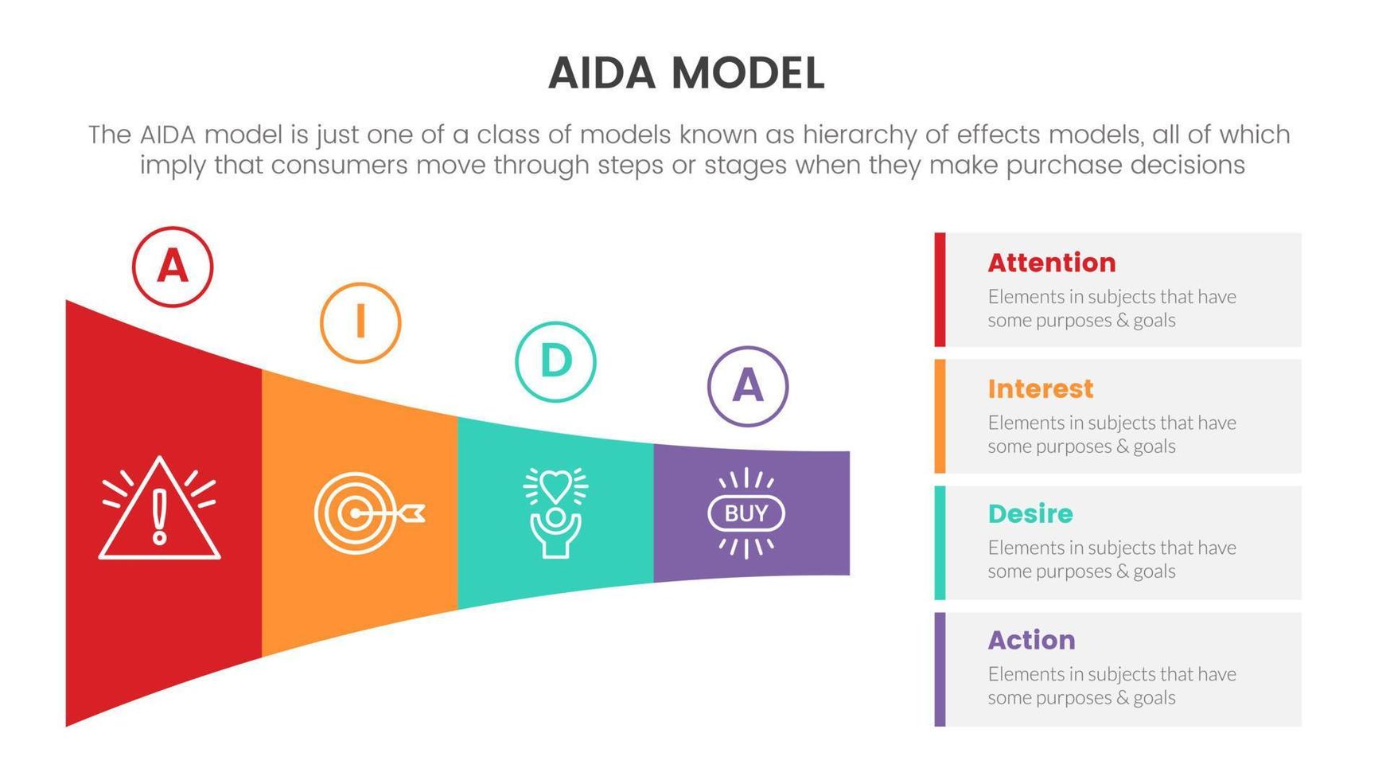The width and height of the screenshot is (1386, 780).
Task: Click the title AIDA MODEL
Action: [x=686, y=73]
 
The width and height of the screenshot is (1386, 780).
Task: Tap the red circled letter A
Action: [x=173, y=267]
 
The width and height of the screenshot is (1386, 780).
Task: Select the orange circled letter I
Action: [x=360, y=322]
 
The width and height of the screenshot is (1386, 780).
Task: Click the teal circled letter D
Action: [x=555, y=361]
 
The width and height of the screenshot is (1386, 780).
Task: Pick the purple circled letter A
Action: [x=747, y=386]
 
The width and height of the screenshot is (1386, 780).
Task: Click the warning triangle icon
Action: [x=159, y=509]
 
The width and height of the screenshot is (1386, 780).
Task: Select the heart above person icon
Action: [x=555, y=512]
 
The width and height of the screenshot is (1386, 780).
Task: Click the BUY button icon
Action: [x=746, y=513]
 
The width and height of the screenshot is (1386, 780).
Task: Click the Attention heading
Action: [x=1051, y=263]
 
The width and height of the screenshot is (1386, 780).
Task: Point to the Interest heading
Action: [x=1040, y=388]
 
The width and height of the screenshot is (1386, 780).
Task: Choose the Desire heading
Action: [x=1030, y=514]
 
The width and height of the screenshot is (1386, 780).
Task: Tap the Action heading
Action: [x=1031, y=640]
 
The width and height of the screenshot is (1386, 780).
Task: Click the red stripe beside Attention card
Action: [x=940, y=290]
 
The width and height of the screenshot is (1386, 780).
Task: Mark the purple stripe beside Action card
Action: [x=940, y=669]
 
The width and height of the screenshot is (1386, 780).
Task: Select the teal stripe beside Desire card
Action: [x=940, y=543]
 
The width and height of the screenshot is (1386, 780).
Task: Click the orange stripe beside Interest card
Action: [x=940, y=416]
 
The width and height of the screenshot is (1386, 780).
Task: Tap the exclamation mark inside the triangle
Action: [x=160, y=516]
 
